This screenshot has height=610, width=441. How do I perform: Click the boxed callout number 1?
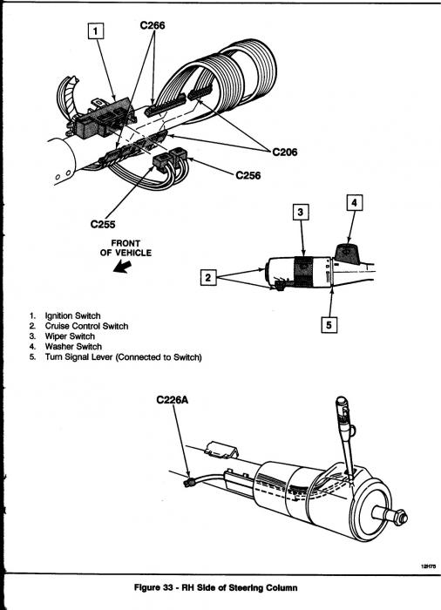click(97, 31)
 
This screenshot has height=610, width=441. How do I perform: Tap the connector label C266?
click(153, 25)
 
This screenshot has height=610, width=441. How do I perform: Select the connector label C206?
click(284, 152)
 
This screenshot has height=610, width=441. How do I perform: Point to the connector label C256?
click(248, 175)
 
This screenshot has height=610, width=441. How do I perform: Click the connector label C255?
click(103, 225)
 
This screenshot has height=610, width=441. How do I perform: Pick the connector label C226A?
click(172, 400)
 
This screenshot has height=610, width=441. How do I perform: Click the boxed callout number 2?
click(208, 277)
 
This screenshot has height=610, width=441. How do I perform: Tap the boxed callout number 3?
click(301, 212)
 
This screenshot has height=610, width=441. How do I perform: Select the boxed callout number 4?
click(354, 203)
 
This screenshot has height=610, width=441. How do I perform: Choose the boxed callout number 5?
click(329, 325)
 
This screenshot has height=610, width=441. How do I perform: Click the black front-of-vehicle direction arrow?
click(122, 267)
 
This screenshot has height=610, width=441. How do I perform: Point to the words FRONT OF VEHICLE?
click(126, 248)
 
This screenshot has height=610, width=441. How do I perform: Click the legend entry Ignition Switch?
click(73, 315)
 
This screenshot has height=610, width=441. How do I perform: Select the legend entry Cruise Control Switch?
click(86, 326)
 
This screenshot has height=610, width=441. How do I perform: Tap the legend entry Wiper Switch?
click(70, 336)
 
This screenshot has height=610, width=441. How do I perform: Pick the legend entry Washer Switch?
click(73, 346)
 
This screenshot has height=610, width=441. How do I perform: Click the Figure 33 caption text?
click(215, 587)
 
